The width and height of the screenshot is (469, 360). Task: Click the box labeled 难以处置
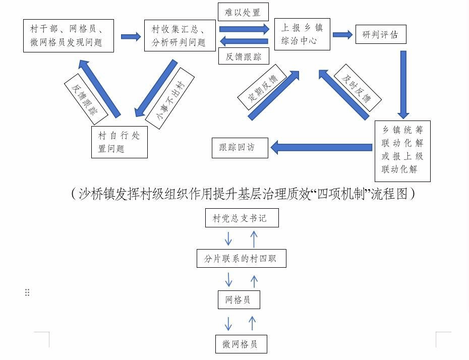243,12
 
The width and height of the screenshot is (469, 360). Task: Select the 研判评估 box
381,34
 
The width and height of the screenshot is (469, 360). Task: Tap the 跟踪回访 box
240,148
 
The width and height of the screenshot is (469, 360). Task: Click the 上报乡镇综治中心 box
302,34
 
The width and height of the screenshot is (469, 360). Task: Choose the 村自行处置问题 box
120,142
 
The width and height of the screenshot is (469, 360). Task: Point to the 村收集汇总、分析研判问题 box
180,36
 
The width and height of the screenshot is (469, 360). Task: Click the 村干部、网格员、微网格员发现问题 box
69,36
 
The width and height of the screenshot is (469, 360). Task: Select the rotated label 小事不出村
170,98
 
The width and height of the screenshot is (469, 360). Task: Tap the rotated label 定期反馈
262,87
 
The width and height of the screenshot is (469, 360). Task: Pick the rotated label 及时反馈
357,88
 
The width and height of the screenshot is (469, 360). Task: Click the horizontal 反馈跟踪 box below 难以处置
244,56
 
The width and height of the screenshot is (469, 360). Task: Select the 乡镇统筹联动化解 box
402,151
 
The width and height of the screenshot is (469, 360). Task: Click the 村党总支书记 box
242,218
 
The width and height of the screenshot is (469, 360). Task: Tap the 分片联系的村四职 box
242,258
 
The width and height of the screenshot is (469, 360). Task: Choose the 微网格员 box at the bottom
241,344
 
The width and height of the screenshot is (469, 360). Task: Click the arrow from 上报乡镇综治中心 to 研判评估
343,35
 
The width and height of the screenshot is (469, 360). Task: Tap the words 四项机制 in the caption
341,194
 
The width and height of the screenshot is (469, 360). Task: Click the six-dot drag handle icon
27,292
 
